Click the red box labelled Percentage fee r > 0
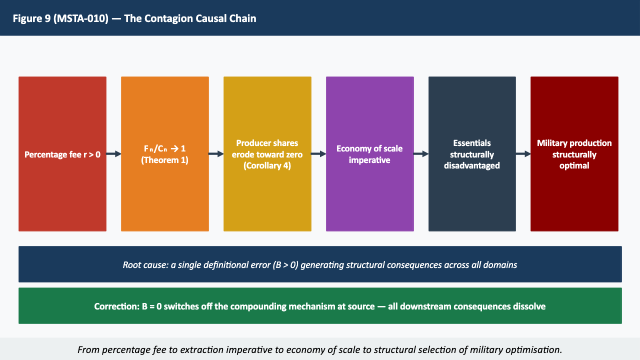pos(62,153)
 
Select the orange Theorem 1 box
pos(164,153)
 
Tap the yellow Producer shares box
pos(267,153)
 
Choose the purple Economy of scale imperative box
pos(369,153)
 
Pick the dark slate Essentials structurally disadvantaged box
pos(472,153)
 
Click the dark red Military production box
pos(574,153)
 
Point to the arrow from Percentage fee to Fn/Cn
pos(114,154)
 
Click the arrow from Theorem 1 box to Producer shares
pos(216,154)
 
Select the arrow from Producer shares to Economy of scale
pos(318,154)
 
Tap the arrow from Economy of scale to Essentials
pos(421,154)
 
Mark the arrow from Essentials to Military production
pos(523,154)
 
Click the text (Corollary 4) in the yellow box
pos(267,165)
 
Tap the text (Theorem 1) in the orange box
pos(164,160)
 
